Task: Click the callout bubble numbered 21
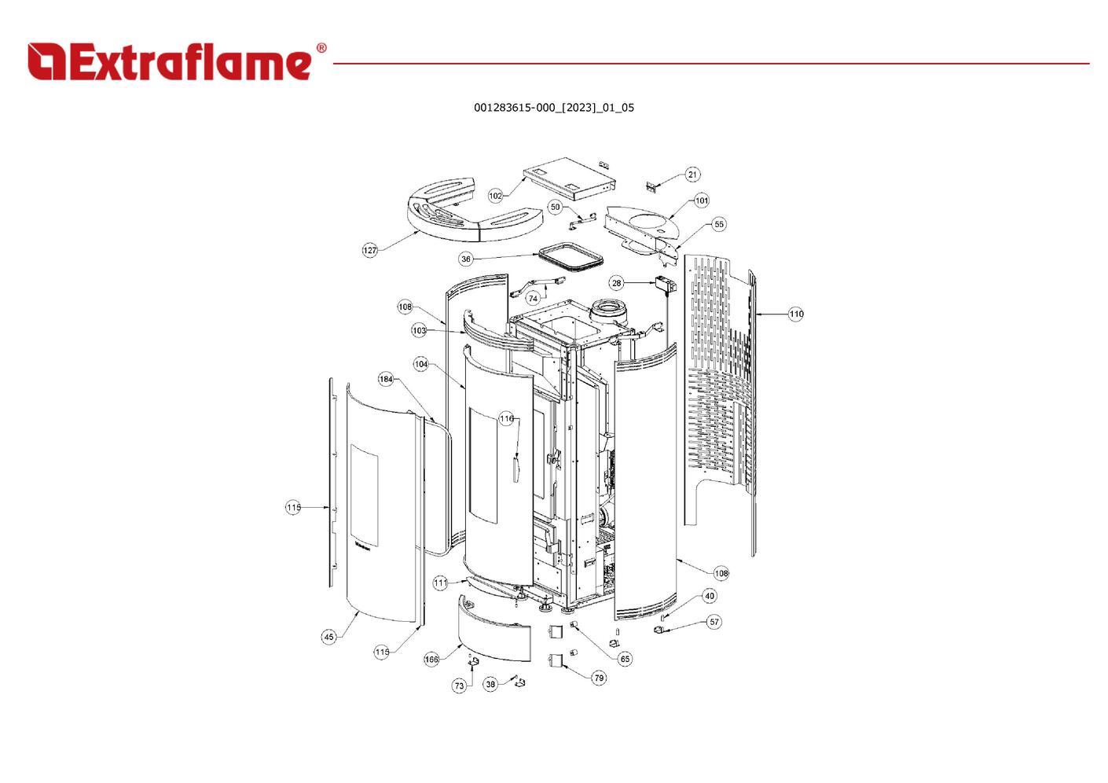pyautogui.click(x=692, y=175)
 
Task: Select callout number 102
pyautogui.click(x=495, y=196)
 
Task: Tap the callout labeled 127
pyautogui.click(x=370, y=251)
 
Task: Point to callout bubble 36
pyautogui.click(x=466, y=259)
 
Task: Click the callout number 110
pyautogui.click(x=796, y=314)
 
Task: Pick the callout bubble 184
pyautogui.click(x=386, y=380)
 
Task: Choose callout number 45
pyautogui.click(x=329, y=637)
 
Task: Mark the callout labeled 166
pyautogui.click(x=431, y=660)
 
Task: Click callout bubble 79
pyautogui.click(x=599, y=678)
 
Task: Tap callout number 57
pyautogui.click(x=714, y=622)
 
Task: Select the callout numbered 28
pyautogui.click(x=616, y=283)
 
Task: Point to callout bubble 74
pyautogui.click(x=533, y=299)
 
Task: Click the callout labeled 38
pyautogui.click(x=490, y=685)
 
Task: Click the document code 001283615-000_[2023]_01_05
pyautogui.click(x=554, y=108)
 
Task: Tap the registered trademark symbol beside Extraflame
pyautogui.click(x=321, y=48)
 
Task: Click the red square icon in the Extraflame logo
pyautogui.click(x=46, y=61)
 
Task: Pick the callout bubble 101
pyautogui.click(x=702, y=200)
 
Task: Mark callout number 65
pyautogui.click(x=626, y=659)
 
